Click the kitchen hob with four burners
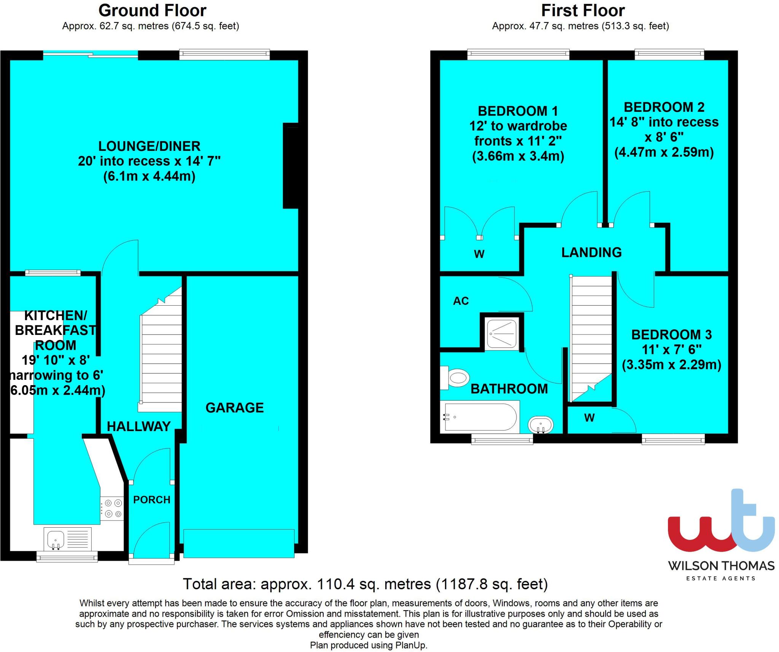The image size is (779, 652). (x=113, y=509)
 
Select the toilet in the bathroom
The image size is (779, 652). (x=455, y=378)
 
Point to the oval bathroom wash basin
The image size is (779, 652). (x=541, y=424)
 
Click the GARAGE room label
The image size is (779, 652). (x=234, y=408)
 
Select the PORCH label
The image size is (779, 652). (x=152, y=500)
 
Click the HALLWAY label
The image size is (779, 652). (x=138, y=426)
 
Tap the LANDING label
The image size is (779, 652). (x=591, y=252)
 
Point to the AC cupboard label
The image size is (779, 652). (x=461, y=301)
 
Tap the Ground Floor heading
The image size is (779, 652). (x=152, y=11)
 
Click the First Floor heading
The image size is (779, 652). (x=583, y=11)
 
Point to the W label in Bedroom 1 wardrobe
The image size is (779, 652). (x=479, y=254)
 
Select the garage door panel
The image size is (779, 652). (x=238, y=543)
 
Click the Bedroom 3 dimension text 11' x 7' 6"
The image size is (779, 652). (x=672, y=349)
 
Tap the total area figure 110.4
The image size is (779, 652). (x=335, y=584)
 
